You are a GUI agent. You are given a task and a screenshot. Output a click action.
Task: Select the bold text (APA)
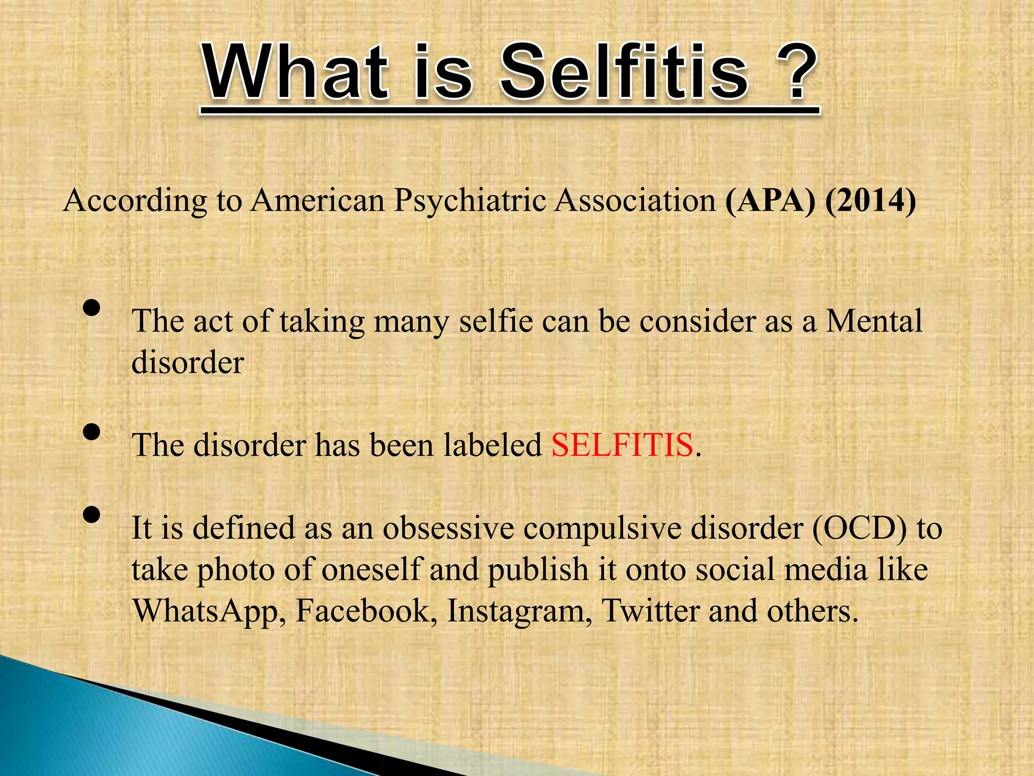(x=770, y=201)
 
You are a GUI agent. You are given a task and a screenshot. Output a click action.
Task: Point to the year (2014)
(x=871, y=201)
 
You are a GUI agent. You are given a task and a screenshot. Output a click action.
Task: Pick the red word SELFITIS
(x=622, y=445)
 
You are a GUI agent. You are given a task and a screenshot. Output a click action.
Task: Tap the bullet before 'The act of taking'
(x=91, y=308)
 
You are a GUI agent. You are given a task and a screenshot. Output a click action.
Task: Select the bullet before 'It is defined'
(x=91, y=515)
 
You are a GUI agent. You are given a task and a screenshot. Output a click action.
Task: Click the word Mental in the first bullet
(x=874, y=321)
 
